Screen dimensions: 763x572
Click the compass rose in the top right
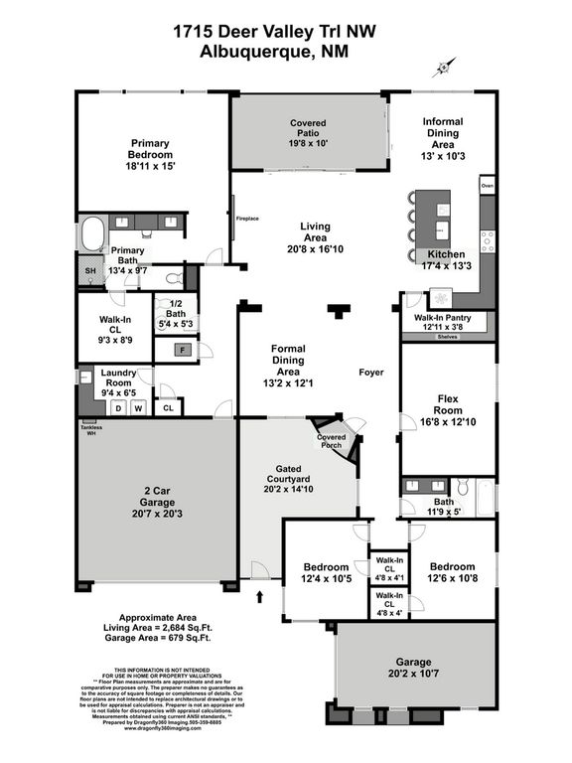[441, 69]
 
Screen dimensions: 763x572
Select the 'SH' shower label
[88, 270]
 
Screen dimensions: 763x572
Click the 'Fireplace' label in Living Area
[235, 218]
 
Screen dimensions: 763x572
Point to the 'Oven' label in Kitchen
[487, 186]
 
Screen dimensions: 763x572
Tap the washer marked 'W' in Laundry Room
[139, 406]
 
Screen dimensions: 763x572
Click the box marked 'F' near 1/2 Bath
[184, 349]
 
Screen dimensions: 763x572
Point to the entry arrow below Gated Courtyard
[260, 596]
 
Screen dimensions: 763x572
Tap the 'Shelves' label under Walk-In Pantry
[448, 337]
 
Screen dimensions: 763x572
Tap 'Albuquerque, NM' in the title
[285, 52]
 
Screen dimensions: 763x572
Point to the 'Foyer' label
[371, 373]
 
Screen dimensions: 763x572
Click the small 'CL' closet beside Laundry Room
[168, 406]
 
